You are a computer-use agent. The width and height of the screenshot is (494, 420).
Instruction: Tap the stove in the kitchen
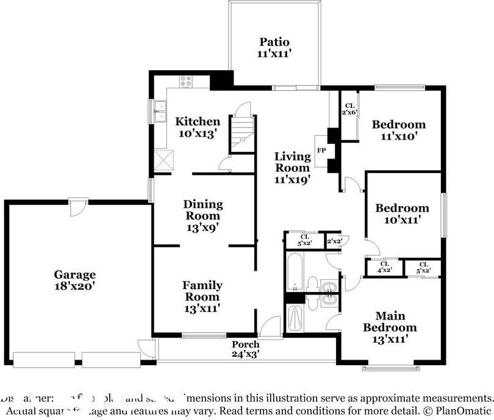click(x=186, y=80)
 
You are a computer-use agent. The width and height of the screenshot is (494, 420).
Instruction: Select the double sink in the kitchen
click(x=160, y=112)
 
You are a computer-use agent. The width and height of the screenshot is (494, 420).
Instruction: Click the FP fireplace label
click(x=321, y=149)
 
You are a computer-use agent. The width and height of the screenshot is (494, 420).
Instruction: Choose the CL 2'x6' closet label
click(x=349, y=110)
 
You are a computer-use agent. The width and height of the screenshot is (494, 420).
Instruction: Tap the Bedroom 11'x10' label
click(x=399, y=130)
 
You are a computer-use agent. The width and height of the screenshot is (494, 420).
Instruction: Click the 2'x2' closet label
click(x=334, y=241)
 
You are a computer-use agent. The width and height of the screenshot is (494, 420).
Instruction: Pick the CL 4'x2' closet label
click(x=384, y=266)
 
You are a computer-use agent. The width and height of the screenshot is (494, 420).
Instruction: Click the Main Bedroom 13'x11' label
click(x=390, y=327)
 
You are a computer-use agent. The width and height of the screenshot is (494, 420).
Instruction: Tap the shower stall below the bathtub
click(x=296, y=316)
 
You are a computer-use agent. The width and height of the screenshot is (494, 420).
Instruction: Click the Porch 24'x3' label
click(x=246, y=349)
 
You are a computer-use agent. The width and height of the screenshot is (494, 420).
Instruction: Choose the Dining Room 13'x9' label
click(x=203, y=215)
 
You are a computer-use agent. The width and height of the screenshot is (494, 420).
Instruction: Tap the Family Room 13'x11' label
click(x=202, y=296)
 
